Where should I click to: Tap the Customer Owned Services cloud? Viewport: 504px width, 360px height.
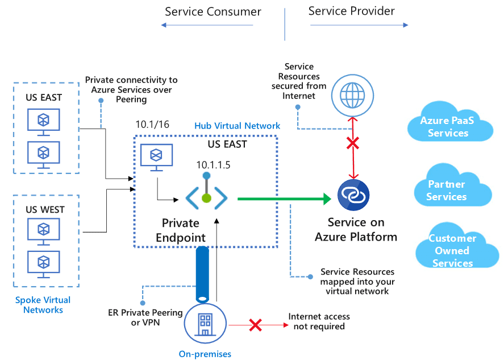click(452, 251)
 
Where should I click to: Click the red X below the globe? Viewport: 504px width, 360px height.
click(353, 143)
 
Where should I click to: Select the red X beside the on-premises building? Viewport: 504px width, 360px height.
click(256, 325)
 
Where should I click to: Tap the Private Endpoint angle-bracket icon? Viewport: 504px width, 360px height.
click(206, 198)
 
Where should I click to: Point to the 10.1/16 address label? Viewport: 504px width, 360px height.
click(152, 125)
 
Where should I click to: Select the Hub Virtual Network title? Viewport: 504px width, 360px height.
click(237, 126)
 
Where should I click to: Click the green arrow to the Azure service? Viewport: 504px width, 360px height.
click(284, 198)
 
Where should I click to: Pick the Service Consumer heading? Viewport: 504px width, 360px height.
click(213, 11)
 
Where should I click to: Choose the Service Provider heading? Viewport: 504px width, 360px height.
click(351, 11)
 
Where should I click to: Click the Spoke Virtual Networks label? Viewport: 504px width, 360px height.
click(43, 305)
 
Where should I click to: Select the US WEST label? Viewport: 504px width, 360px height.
click(45, 210)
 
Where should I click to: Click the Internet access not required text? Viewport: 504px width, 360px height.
click(319, 321)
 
